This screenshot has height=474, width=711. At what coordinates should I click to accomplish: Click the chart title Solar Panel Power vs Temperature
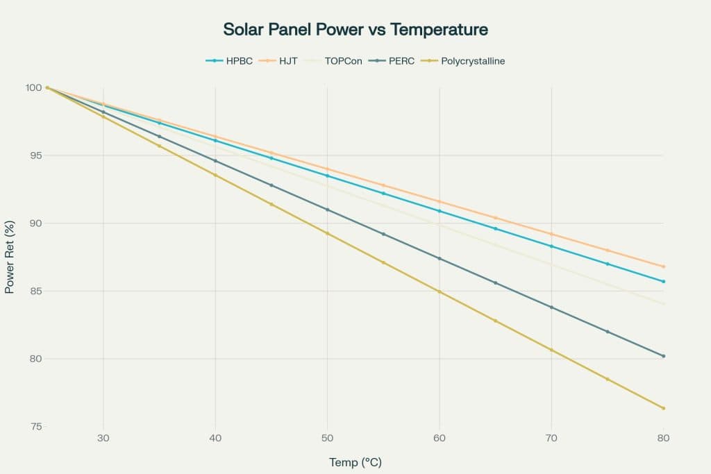355,30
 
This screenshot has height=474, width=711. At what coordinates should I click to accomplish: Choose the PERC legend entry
400,61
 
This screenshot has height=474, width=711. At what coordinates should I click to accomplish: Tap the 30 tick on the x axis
103,439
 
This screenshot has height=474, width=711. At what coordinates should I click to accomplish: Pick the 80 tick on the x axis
663,439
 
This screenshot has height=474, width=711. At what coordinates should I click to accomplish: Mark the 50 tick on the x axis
327,439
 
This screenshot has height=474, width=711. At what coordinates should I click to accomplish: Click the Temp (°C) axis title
355,462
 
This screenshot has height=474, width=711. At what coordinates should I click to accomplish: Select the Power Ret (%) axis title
10,257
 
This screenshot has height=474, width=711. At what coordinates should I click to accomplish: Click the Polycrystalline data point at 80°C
663,408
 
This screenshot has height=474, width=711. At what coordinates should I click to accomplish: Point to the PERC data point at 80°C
663,356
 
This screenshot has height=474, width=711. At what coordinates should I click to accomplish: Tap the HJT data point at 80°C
663,266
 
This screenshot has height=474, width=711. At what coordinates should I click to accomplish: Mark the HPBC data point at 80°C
663,281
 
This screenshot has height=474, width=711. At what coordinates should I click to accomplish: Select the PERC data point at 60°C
439,258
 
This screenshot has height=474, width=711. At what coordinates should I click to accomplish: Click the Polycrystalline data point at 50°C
327,233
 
